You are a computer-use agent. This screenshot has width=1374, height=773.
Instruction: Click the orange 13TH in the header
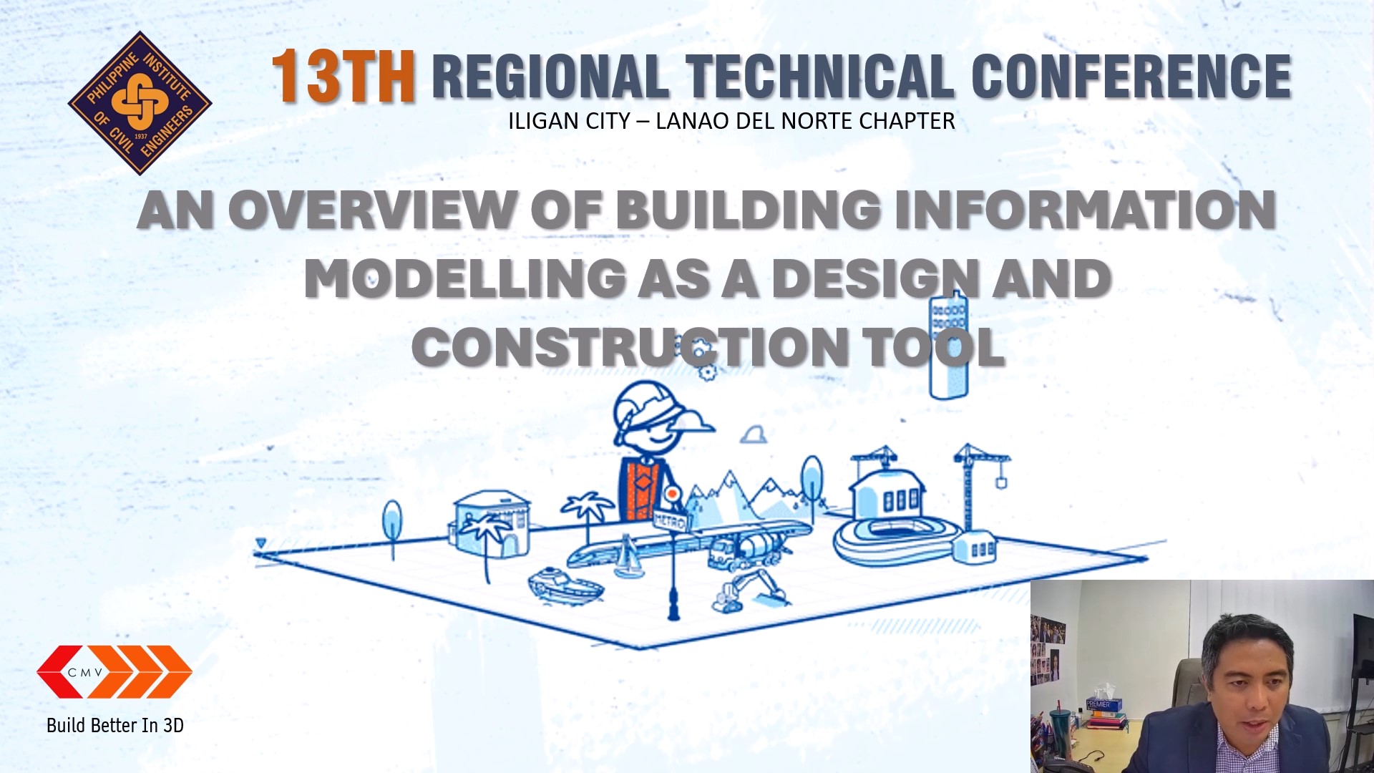pyautogui.click(x=343, y=77)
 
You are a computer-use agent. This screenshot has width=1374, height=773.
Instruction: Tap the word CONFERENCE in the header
pyautogui.click(x=1131, y=77)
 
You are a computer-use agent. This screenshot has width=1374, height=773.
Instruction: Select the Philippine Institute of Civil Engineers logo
pyautogui.click(x=140, y=103)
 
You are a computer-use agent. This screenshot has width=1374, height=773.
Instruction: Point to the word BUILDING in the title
pyautogui.click(x=748, y=210)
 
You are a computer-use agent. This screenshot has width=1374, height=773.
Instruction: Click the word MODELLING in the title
pyautogui.click(x=466, y=278)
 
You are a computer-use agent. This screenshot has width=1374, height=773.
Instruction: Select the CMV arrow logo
pyautogui.click(x=114, y=671)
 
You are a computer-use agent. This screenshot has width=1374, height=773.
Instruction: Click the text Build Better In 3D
pyautogui.click(x=115, y=726)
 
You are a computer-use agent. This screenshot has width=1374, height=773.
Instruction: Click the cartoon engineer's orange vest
pyautogui.click(x=643, y=490)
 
